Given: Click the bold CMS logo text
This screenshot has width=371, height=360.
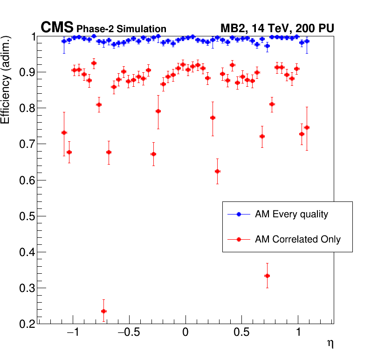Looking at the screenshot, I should [x=57, y=28].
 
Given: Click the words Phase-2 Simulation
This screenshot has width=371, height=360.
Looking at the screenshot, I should [x=121, y=29].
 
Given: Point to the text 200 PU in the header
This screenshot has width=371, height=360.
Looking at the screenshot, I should [x=315, y=28].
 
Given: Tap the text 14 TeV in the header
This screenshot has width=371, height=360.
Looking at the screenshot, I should [x=273, y=28].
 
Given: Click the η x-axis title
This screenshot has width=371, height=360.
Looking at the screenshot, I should [x=330, y=344].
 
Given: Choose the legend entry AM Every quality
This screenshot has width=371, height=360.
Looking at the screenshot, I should [x=291, y=215].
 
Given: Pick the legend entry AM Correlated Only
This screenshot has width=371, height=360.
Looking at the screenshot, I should [x=298, y=239].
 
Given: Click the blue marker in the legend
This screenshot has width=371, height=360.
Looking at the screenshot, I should [x=239, y=215].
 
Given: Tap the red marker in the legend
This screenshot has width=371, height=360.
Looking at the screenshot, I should [x=239, y=239].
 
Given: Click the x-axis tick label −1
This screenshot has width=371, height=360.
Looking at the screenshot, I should [x=72, y=334].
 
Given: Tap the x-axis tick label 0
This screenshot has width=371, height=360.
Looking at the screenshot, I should [x=185, y=334].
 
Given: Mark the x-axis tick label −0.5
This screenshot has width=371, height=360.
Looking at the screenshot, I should [x=129, y=334].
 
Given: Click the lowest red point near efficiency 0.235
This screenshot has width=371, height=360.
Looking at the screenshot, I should [x=103, y=311].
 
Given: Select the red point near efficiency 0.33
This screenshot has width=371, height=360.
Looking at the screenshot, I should [x=267, y=276].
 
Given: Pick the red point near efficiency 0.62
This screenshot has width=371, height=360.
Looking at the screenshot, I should [x=217, y=171].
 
